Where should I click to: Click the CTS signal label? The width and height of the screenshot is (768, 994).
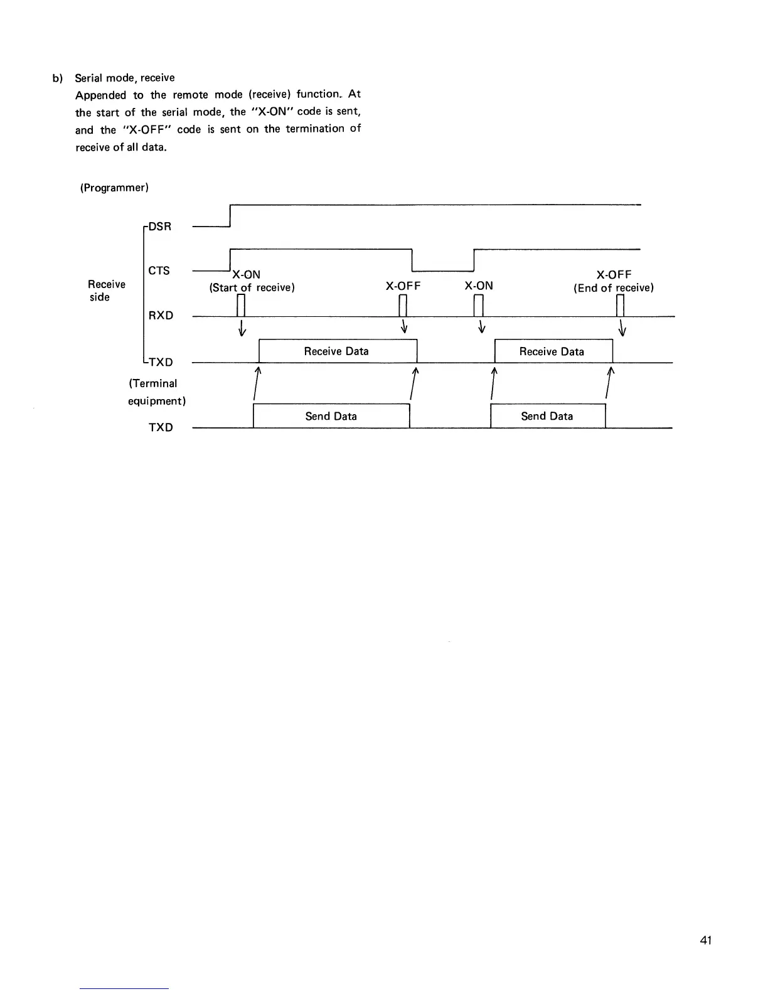tap(159, 270)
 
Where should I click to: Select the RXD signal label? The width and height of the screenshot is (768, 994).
tap(161, 315)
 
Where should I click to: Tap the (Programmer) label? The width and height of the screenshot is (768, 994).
tap(114, 188)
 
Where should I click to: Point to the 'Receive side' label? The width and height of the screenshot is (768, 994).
tap(106, 291)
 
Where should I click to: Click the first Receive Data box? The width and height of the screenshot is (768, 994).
tap(337, 351)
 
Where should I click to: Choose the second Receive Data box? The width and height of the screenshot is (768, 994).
tap(552, 351)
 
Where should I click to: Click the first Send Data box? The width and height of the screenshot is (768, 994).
tap(331, 416)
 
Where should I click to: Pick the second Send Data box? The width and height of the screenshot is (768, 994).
tap(547, 416)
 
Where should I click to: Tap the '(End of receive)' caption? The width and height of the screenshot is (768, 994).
tap(614, 288)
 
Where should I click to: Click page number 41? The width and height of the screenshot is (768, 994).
tap(706, 940)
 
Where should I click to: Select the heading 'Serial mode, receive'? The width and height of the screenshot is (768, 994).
tap(125, 78)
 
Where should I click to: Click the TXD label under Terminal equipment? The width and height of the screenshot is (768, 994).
tap(161, 427)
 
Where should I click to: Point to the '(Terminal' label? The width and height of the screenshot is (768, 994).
tap(153, 383)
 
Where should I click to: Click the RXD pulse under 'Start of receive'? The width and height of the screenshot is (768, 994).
tap(240, 306)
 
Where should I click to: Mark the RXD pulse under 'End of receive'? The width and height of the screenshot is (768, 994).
tap(621, 306)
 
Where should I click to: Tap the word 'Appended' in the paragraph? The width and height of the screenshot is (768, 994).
tap(100, 95)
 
